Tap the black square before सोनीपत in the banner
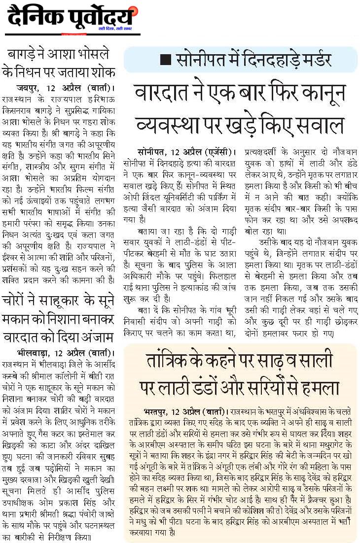click(166, 60)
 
